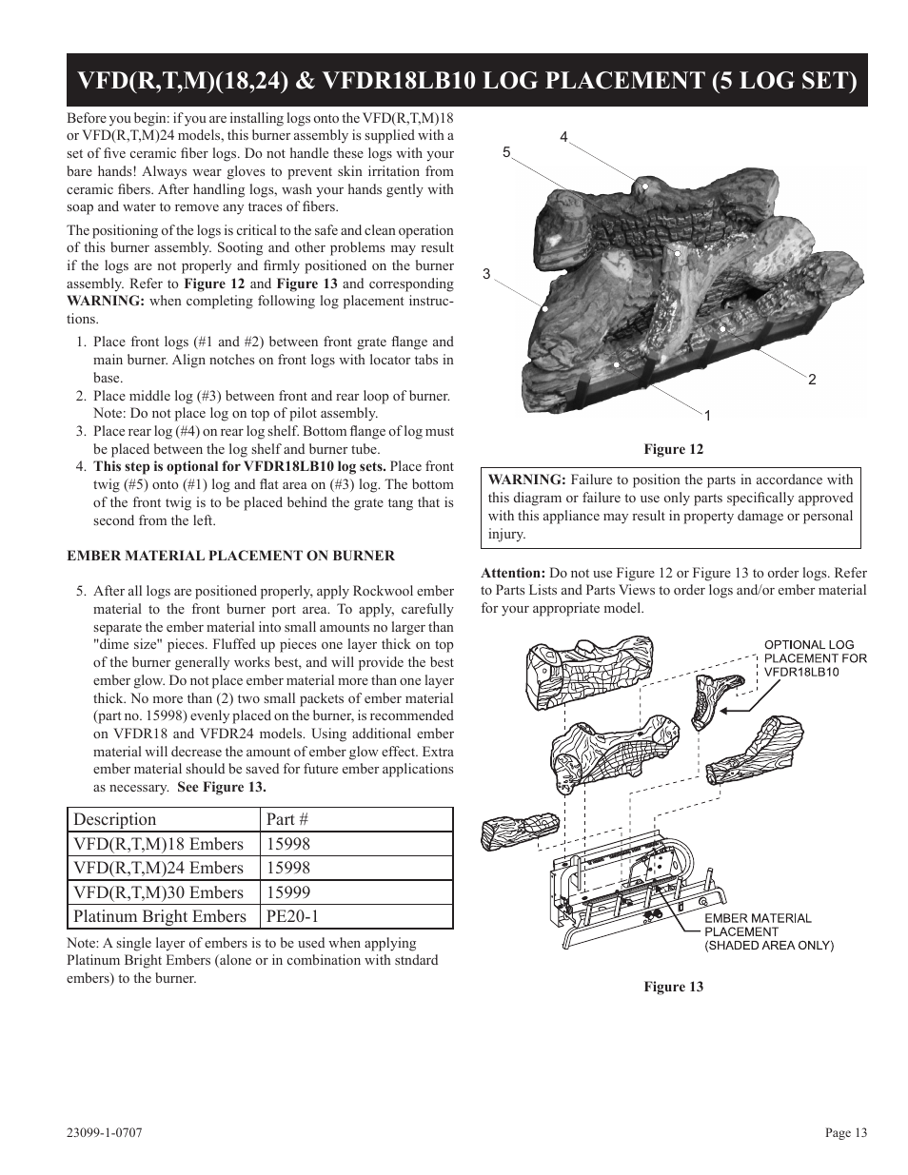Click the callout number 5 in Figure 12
506,152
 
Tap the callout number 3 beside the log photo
486,274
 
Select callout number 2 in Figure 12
812,380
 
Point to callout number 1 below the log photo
707,415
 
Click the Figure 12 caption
673,449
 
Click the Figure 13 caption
673,987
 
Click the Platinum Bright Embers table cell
159,916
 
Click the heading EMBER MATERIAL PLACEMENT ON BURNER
230,556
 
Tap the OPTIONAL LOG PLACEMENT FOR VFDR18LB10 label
816,657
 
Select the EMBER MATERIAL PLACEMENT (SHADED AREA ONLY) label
768,931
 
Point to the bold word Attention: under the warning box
512,573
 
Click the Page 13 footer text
845,1132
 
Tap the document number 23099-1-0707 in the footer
105,1132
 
